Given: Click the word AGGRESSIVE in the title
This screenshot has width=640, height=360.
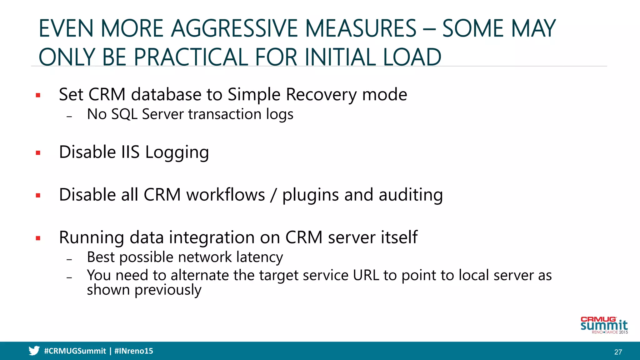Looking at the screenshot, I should [x=235, y=29].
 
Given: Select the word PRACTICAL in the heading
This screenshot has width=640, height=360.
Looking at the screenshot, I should [x=191, y=57].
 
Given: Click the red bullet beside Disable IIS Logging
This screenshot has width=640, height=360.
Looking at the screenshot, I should [x=38, y=153].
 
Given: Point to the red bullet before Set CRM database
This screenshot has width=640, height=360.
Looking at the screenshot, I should [x=38, y=95].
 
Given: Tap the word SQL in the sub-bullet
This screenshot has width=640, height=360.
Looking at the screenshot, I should [x=124, y=114].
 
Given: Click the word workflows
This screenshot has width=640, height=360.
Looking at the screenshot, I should [x=225, y=195].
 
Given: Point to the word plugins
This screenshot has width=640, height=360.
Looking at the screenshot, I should [x=310, y=195].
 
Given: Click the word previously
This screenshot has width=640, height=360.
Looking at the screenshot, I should [x=168, y=290].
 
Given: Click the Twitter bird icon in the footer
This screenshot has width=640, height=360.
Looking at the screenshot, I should [x=34, y=351].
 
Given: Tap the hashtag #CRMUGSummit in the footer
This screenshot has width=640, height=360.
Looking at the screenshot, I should [x=75, y=351].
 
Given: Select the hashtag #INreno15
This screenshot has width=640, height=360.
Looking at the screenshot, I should [x=134, y=351].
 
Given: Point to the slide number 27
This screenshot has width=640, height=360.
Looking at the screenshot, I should [x=618, y=352].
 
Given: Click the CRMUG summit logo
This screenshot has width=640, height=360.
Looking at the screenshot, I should [x=604, y=325].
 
